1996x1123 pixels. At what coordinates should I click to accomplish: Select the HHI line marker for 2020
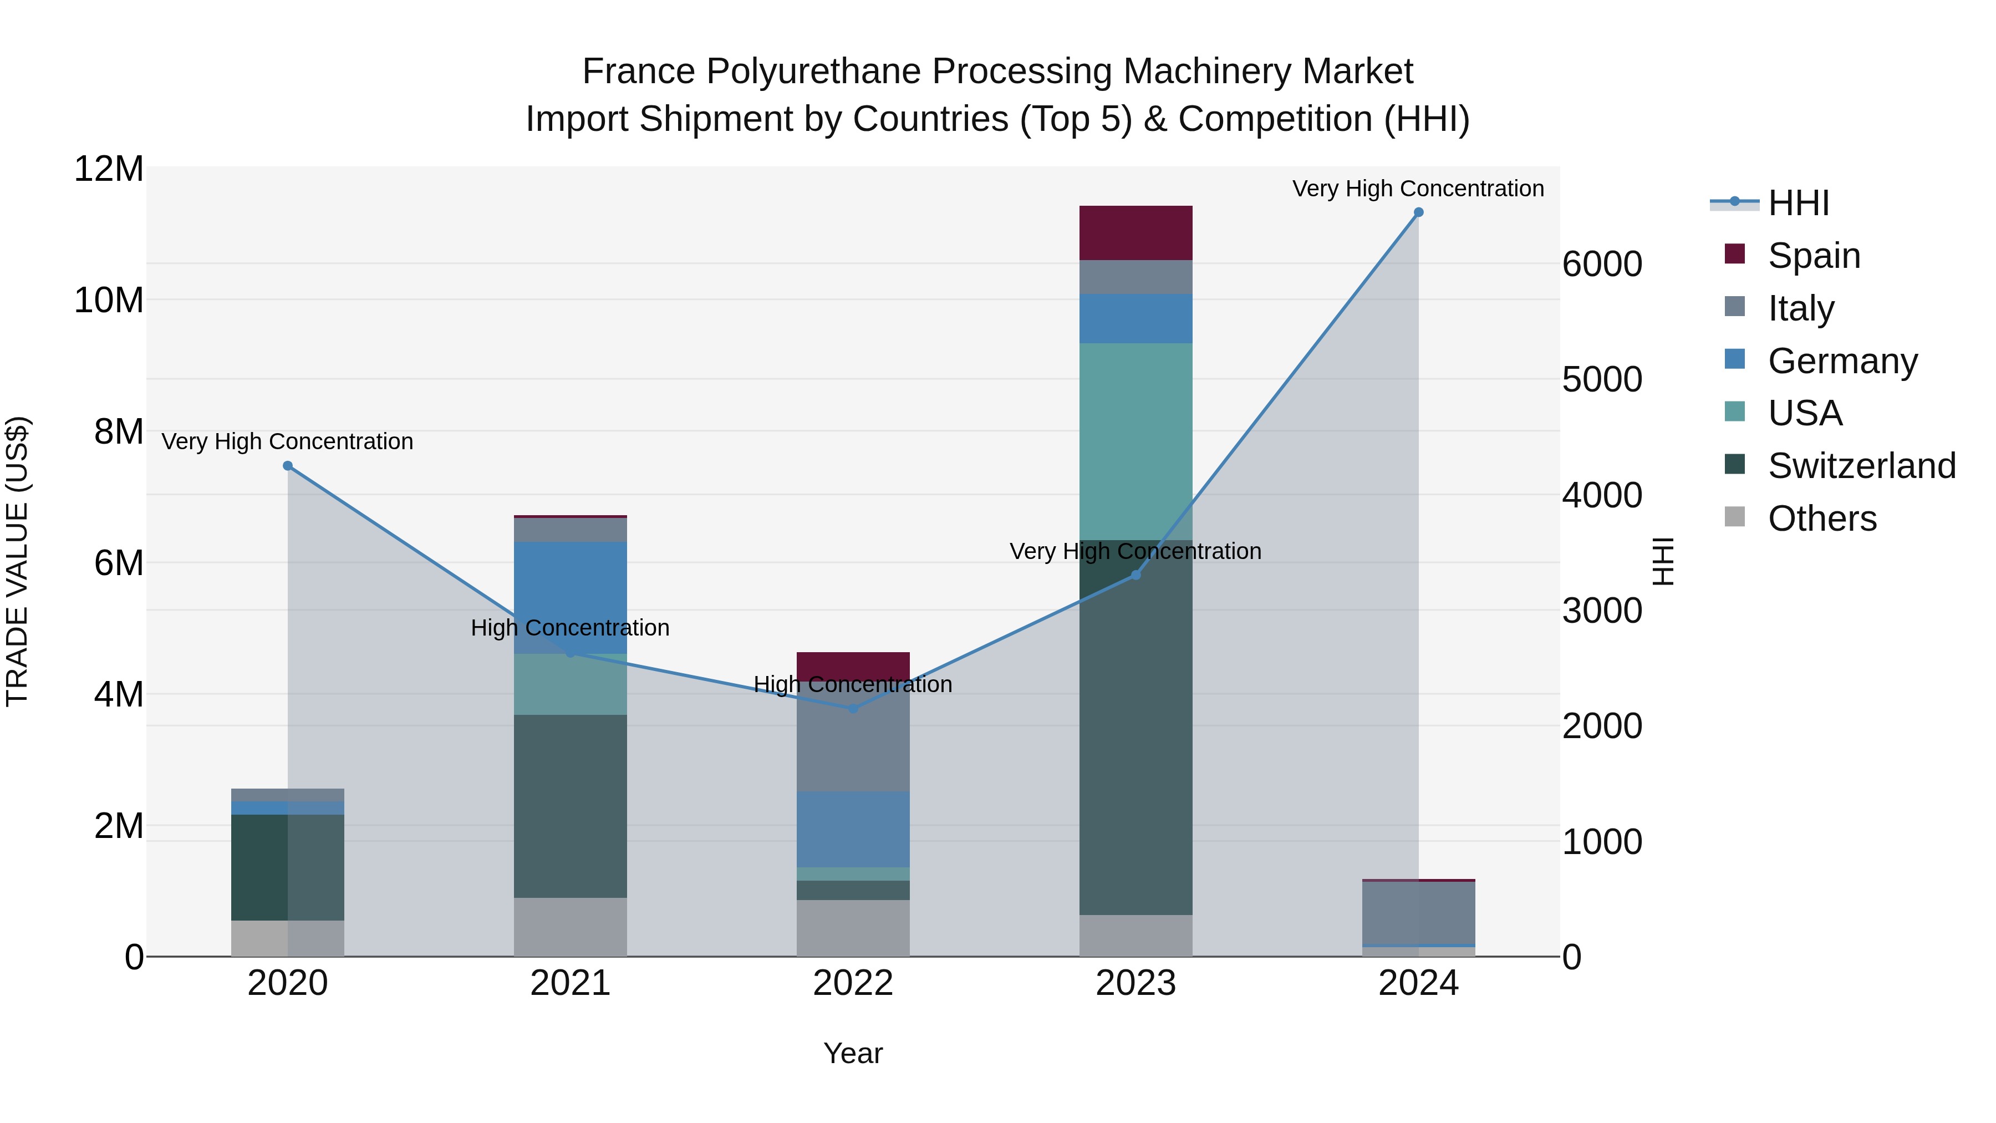pos(287,466)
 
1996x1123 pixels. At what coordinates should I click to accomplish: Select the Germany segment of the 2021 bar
pos(571,597)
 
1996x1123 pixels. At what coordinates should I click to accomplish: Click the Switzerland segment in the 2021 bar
pos(571,806)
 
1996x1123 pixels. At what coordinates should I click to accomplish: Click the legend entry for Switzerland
pos(1861,466)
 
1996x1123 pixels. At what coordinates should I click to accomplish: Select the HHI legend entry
pos(1798,203)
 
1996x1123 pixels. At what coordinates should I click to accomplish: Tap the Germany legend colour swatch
pos(1735,359)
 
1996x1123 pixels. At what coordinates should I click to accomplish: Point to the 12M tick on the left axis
pos(109,169)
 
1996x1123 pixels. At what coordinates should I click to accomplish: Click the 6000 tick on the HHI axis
pos(1602,265)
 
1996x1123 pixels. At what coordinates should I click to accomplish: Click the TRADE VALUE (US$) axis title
pos(17,561)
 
